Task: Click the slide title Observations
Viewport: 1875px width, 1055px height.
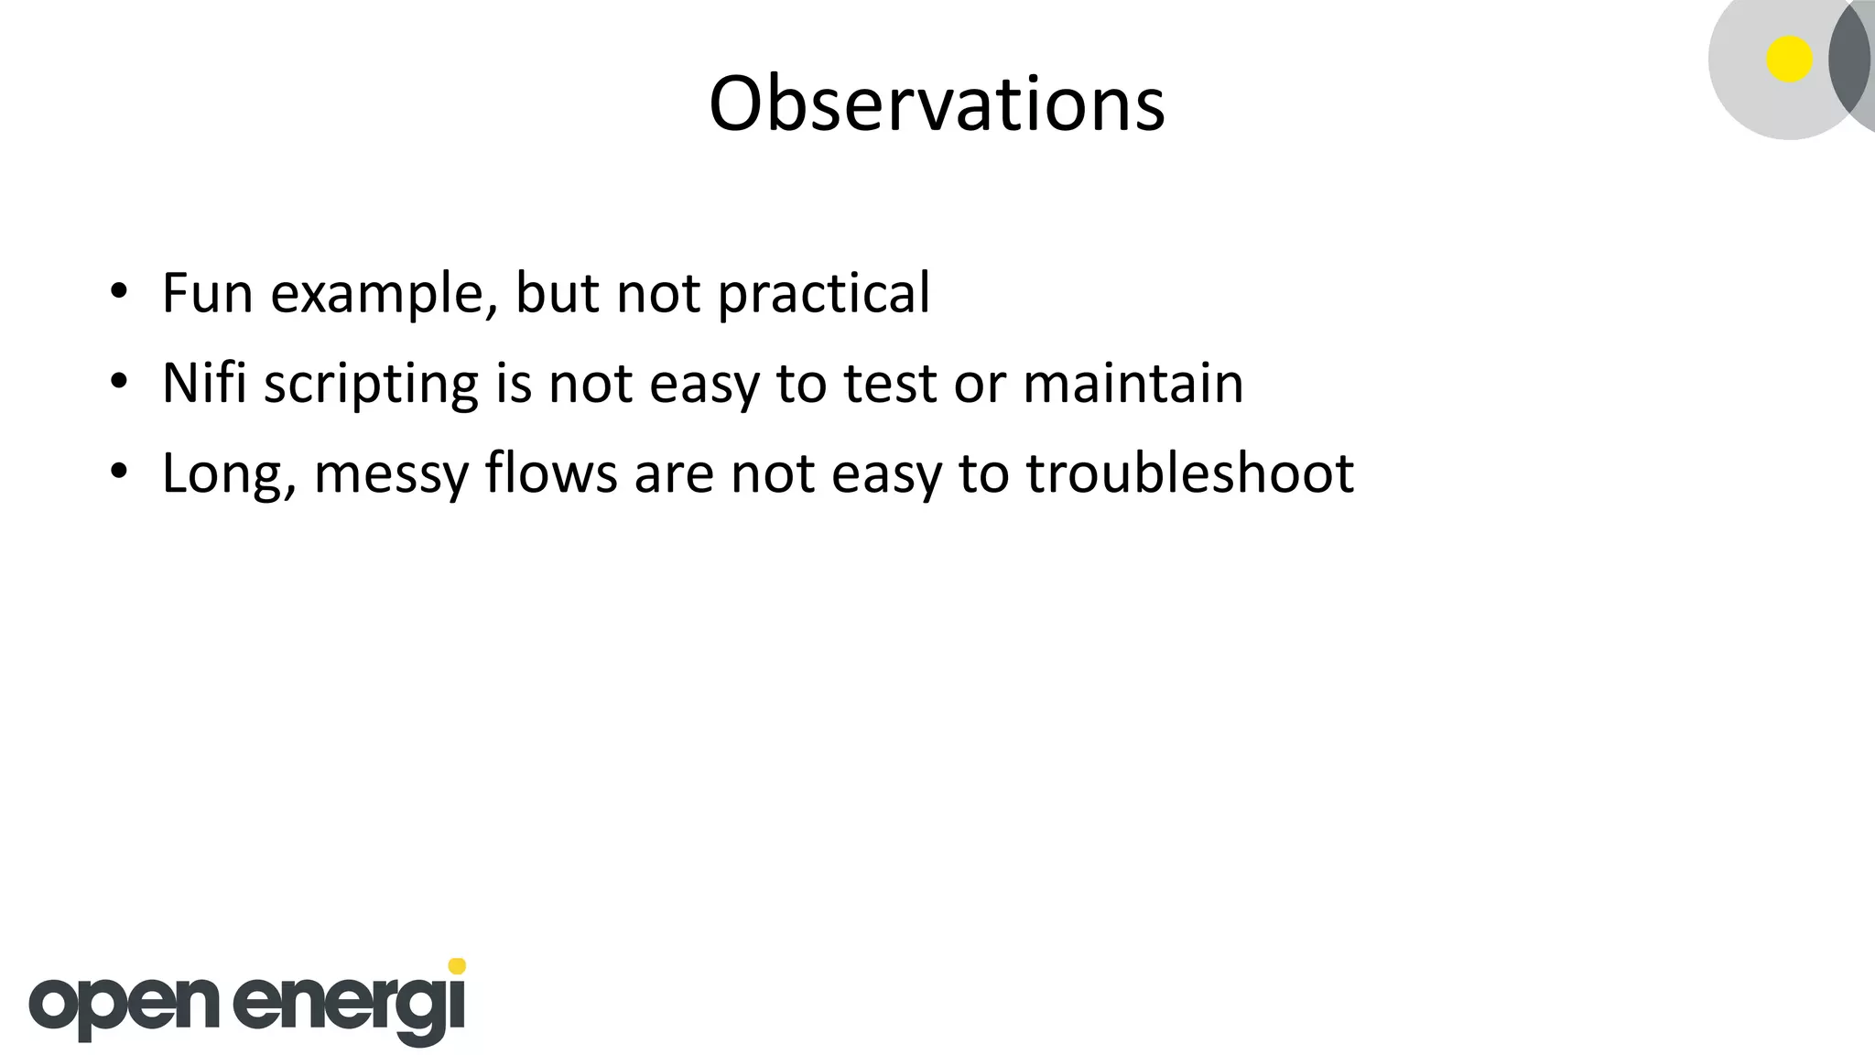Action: [937, 103]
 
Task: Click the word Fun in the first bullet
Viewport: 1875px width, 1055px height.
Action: [206, 293]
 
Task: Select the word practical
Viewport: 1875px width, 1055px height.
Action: [823, 295]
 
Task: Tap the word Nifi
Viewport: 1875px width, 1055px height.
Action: [204, 383]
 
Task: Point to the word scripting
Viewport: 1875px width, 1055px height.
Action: [371, 385]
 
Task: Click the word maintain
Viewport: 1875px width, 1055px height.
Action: [1133, 383]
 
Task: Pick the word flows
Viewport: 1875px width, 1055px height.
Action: [551, 473]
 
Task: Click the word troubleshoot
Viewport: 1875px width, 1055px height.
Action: [1189, 473]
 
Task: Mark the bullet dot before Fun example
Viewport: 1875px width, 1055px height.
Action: [118, 293]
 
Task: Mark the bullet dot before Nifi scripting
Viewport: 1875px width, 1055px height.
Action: [118, 383]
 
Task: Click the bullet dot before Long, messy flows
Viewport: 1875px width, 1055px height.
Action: [118, 473]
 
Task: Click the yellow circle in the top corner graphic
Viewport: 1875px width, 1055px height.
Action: [1789, 60]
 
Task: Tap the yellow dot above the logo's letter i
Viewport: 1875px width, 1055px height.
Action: [457, 966]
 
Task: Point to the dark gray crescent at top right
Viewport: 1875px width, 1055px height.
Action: [1848, 60]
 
